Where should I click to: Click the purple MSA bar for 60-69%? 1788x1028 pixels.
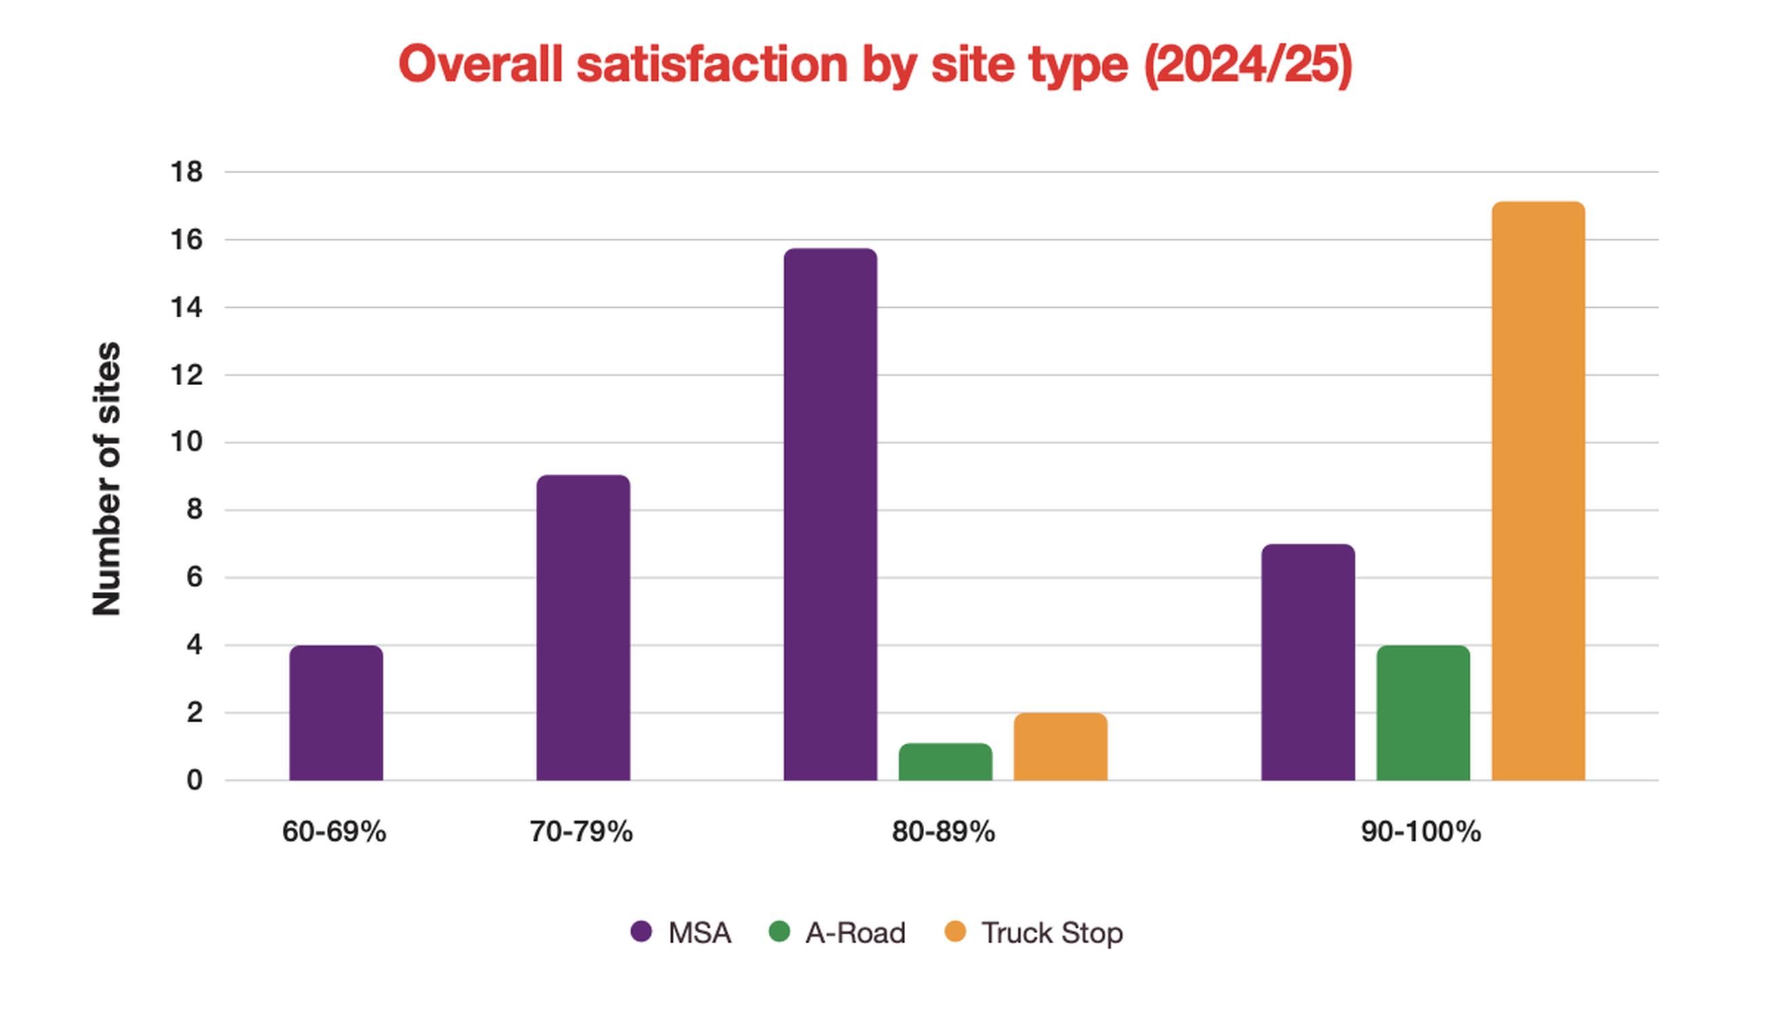336,713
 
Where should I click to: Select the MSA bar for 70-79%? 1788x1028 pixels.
583,628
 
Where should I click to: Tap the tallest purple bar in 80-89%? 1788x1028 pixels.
830,515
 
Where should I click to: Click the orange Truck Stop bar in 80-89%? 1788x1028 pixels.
1060,747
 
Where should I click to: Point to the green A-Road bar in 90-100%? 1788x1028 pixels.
1423,713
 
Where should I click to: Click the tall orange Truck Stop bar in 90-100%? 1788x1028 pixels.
1538,492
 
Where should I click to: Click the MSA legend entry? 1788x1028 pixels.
681,932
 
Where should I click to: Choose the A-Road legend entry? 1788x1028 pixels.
837,932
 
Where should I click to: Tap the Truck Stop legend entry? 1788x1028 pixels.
1033,932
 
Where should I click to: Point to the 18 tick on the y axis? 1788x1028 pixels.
186,172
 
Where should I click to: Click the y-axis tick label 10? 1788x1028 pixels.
186,443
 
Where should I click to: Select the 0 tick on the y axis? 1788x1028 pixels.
194,780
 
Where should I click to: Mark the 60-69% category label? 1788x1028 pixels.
334,832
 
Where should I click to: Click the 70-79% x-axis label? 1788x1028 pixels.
581,832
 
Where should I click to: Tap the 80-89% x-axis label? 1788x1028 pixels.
943,832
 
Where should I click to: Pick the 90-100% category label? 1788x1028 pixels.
1421,832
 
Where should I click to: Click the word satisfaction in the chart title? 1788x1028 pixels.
712,64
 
